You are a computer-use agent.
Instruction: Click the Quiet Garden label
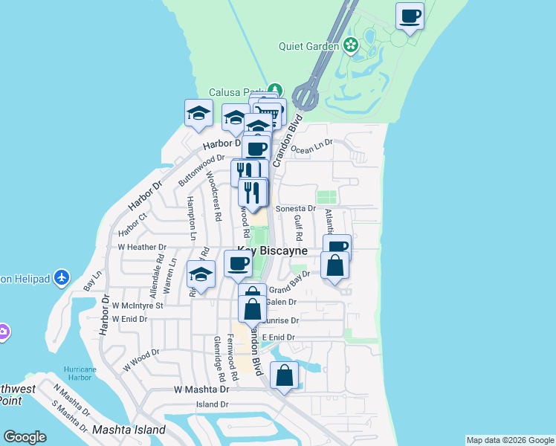(x=308, y=46)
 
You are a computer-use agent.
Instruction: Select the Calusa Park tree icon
(x=276, y=90)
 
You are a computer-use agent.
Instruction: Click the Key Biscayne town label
(x=272, y=251)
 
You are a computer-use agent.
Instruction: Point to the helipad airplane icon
(x=62, y=278)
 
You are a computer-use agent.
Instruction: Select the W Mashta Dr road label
(x=198, y=389)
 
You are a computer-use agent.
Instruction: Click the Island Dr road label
(x=212, y=404)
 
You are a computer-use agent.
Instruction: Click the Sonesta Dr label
(x=296, y=209)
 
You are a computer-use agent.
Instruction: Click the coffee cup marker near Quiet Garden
(x=409, y=16)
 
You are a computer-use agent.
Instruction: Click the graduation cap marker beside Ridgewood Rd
(x=201, y=274)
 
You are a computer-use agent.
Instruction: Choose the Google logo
(x=25, y=437)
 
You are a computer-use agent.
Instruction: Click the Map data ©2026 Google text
(x=510, y=440)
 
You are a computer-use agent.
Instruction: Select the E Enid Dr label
(x=279, y=337)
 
